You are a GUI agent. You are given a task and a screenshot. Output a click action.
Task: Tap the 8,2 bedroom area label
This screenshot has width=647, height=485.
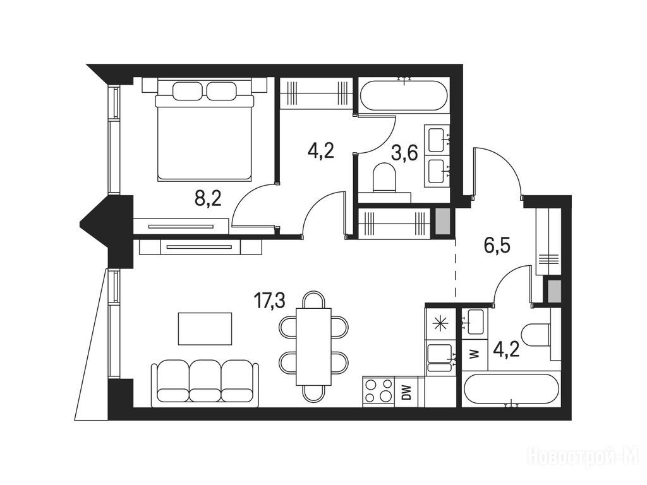tap(209, 199)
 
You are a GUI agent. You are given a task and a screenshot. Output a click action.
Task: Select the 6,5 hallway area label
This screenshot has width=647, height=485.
tap(497, 246)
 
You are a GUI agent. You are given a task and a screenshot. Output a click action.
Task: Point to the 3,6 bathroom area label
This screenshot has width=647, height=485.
tap(404, 152)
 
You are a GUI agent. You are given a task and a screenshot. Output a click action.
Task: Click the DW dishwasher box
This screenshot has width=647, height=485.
tap(407, 392)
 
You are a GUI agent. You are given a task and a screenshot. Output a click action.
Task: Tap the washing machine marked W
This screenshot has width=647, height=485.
tap(475, 354)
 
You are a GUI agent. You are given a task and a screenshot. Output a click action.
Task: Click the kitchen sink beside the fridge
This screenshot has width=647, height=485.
tap(440, 357)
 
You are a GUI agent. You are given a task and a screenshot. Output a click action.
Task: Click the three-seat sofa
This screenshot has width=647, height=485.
tap(205, 383)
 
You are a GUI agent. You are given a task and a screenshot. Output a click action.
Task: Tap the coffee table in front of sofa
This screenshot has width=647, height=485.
tap(205, 328)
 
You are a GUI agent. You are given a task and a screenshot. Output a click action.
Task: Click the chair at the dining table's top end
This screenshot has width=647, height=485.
tap(313, 299)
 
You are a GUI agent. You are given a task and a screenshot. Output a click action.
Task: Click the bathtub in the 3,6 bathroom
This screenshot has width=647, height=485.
tap(404, 95)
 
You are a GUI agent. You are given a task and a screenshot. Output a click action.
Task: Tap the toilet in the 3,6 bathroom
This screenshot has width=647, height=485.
tap(385, 177)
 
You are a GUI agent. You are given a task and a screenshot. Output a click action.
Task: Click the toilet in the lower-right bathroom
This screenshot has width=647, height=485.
tap(536, 332)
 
